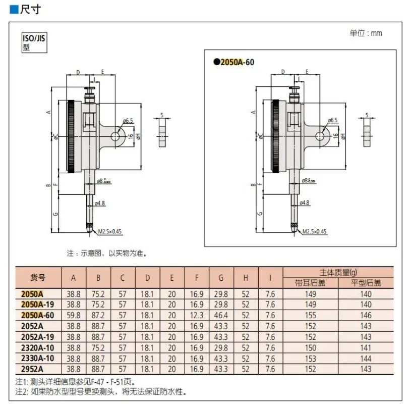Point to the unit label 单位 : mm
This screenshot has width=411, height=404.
(366, 33)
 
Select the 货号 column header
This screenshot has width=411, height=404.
(38, 277)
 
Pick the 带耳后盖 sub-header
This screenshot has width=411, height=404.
(311, 282)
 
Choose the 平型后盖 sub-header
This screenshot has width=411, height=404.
(366, 282)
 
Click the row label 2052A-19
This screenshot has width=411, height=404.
(38, 337)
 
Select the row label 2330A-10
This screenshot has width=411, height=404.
(38, 359)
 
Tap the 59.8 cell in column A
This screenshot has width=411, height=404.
(74, 315)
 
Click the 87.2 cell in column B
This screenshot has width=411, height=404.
(98, 315)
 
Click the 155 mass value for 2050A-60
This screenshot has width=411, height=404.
(311, 315)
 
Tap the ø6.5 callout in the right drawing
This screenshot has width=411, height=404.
(332, 120)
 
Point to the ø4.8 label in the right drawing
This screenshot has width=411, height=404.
(304, 203)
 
